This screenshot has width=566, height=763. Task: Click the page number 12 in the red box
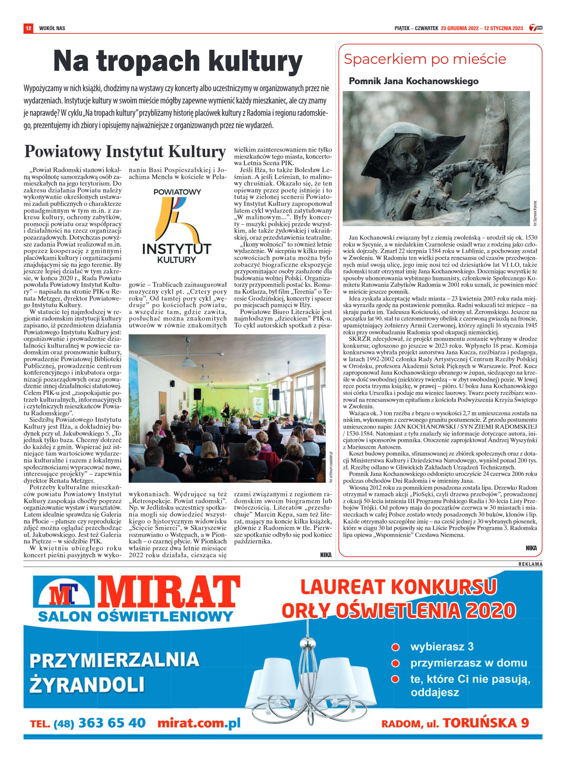coord(28,28)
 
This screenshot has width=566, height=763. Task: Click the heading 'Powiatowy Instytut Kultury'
coord(125,152)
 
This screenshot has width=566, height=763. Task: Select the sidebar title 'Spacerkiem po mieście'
coord(425,59)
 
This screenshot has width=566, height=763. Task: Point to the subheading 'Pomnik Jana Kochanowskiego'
coord(413,81)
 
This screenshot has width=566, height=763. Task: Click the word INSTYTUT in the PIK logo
coord(177,249)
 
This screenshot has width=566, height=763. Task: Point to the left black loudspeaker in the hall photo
coord(197,394)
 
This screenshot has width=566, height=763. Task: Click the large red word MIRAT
coord(168,593)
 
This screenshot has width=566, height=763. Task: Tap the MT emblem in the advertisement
coord(64,594)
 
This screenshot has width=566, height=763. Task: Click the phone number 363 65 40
coord(112,723)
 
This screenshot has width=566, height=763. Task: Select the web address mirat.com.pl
coord(199,723)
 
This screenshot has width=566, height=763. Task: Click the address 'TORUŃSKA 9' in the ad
coord(486,723)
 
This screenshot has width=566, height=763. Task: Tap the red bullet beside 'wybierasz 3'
coord(395,647)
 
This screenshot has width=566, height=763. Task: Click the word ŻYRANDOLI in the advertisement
coord(87,684)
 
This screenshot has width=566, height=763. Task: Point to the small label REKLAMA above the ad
coord(530,564)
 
